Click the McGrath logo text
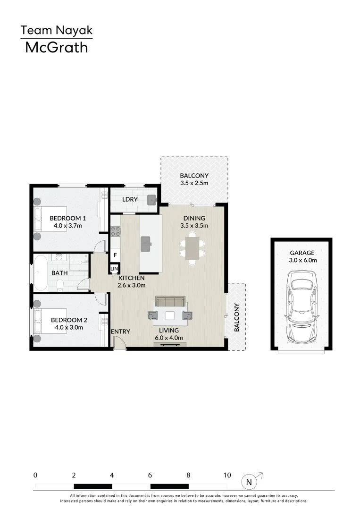pos(56,47)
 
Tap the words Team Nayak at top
pos(56,31)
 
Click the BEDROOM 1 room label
pos(67,218)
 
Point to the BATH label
pos(59,273)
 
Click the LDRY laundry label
pos(130,199)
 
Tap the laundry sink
pos(151,199)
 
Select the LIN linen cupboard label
pos(114,269)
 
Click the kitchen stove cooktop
pos(115,231)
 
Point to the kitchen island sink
pos(145,244)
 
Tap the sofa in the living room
pos(170,302)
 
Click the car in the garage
pos(301,307)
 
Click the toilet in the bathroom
pos(60,285)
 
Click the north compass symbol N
pos(249,482)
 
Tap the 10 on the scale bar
pos(227,476)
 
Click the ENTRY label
pos(120,331)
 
